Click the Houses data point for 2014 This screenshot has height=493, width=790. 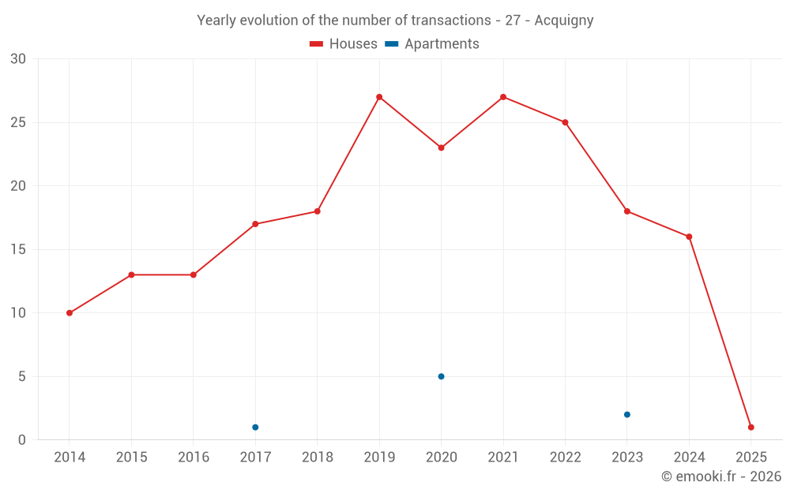click(x=70, y=313)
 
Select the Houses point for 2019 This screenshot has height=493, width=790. click(x=379, y=97)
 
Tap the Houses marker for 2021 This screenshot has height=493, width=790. click(x=503, y=97)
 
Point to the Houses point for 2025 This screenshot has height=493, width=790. click(x=750, y=428)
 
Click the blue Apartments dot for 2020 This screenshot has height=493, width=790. click(x=441, y=376)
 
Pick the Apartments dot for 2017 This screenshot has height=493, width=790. click(x=255, y=428)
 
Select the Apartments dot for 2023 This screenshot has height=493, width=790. click(x=626, y=415)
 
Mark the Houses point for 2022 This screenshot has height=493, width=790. click(x=565, y=122)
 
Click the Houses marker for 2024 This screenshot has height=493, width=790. click(x=689, y=237)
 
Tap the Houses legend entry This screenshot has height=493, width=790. click(x=344, y=44)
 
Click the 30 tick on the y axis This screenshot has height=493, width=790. click(x=18, y=59)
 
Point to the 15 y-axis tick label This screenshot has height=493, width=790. click(x=18, y=250)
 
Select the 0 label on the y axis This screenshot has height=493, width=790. click(x=22, y=440)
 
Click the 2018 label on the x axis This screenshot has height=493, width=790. click(x=317, y=458)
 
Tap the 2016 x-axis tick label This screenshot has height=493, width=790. click(x=194, y=458)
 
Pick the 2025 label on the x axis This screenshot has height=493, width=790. click(x=750, y=458)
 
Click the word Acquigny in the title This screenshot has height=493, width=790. click(x=563, y=21)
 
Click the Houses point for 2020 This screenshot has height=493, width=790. click(x=441, y=148)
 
